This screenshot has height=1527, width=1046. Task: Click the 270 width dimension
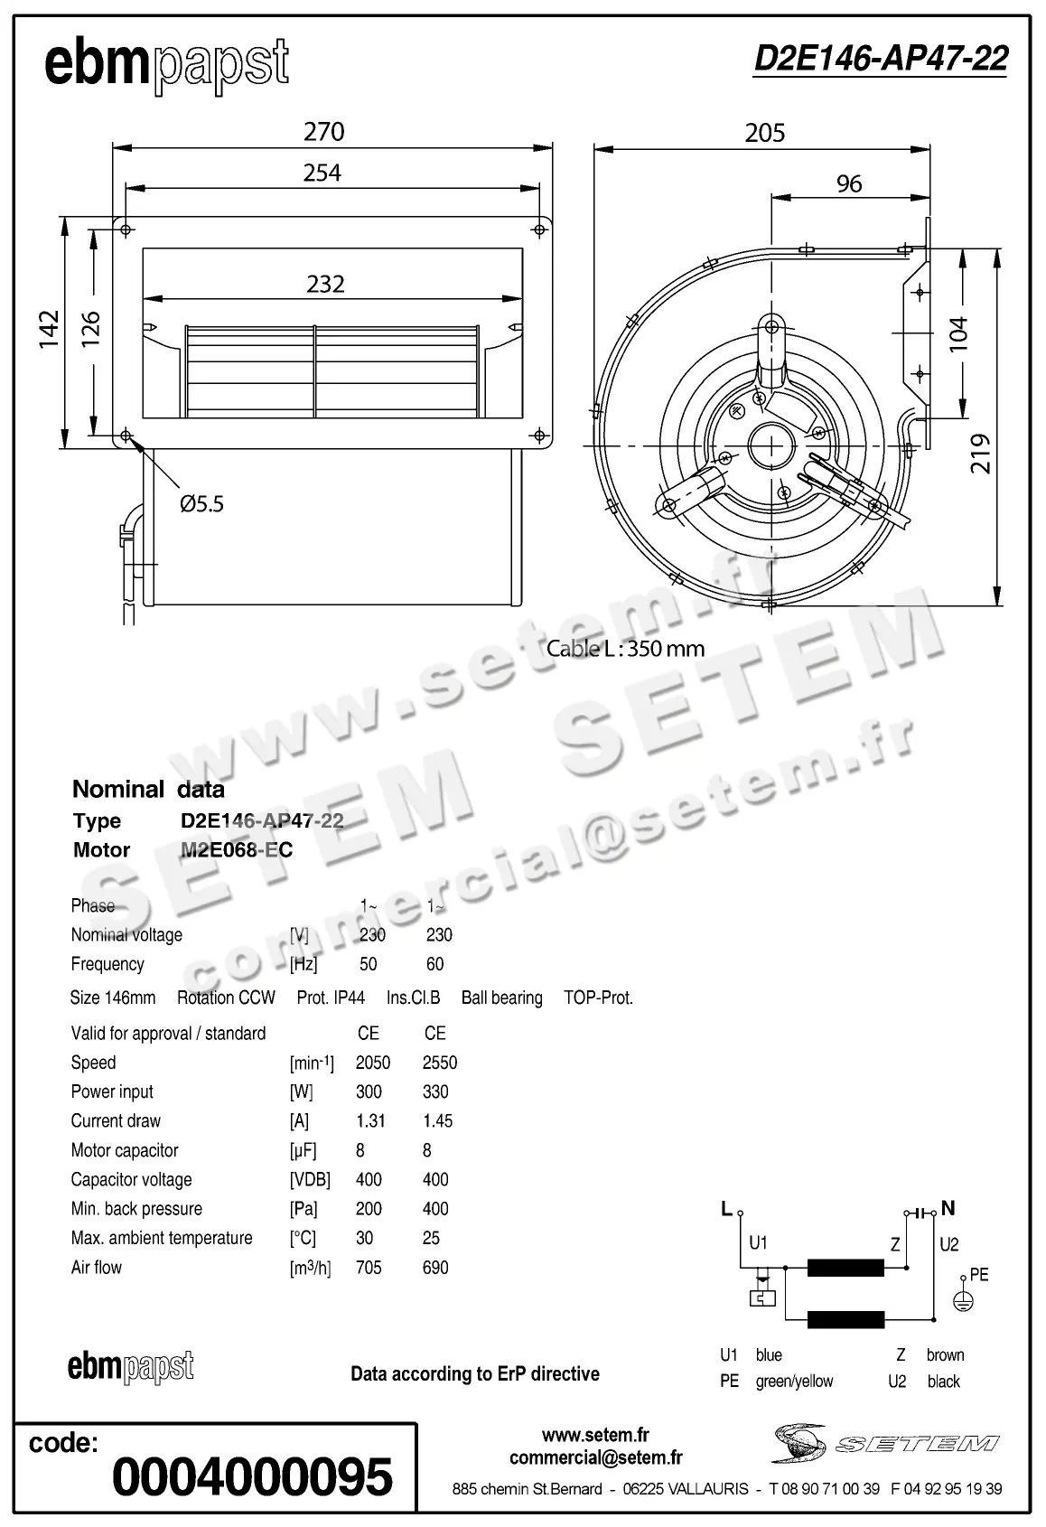[323, 132]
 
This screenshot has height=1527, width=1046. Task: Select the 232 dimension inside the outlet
[325, 284]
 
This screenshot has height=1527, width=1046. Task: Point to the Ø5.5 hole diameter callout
[201, 504]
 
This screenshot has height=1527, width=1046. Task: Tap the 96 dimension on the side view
[849, 183]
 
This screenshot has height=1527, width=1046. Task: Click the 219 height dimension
[981, 454]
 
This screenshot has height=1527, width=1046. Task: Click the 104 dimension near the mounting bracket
[958, 333]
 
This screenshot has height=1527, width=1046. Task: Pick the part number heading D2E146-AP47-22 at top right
[880, 59]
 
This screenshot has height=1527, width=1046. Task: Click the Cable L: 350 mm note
[625, 649]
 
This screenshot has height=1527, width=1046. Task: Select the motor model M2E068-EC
[237, 850]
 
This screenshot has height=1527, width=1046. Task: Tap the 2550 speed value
[440, 1063]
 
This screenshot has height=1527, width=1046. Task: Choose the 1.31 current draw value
[370, 1121]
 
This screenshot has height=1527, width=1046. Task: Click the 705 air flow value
[369, 1268]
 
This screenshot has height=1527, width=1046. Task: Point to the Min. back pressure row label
[136, 1209]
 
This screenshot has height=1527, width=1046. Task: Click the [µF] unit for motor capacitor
[303, 1151]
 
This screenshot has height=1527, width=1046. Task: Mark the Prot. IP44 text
[331, 998]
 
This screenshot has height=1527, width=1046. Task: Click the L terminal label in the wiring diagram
[726, 1209]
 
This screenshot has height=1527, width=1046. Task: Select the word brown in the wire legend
[945, 1355]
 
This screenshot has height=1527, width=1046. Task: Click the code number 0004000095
[252, 1477]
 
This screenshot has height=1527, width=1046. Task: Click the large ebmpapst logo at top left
[166, 65]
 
